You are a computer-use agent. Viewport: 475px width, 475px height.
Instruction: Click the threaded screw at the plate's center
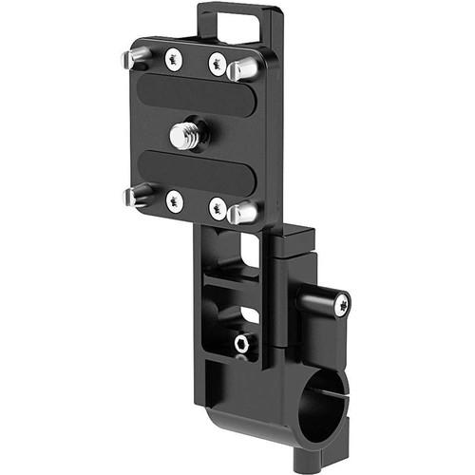pos(187,135)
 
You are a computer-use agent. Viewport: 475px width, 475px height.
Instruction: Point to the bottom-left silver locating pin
pos(136,196)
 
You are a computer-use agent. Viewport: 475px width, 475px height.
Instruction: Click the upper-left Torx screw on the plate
pos(173,59)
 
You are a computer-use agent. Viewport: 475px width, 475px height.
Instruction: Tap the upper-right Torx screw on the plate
pos(217,65)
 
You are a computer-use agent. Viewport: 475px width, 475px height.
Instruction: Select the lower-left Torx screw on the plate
pos(173,199)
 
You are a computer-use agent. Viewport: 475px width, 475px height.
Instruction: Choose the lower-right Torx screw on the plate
pos(218,209)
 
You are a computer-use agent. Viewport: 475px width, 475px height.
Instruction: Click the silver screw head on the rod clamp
pos(340,304)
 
